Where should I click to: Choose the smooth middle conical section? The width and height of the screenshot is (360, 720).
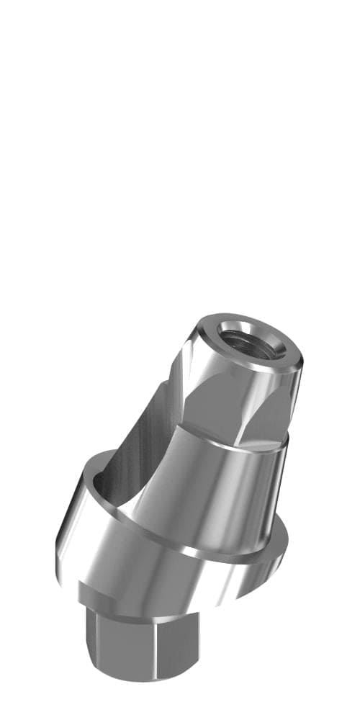click(216, 497)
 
